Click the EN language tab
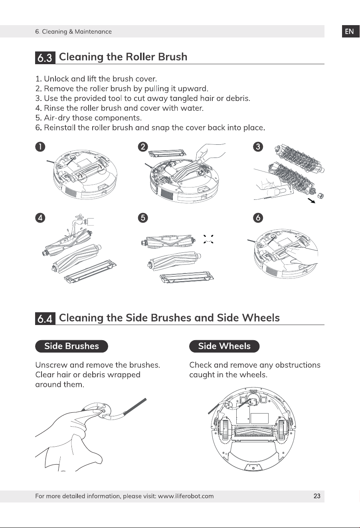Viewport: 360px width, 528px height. [x=350, y=32]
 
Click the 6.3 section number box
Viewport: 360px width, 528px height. [x=45, y=57]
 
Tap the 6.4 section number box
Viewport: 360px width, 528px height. [x=45, y=319]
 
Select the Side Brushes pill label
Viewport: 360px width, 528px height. [x=71, y=346]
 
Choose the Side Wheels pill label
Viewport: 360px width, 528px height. [x=224, y=346]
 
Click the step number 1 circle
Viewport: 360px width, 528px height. [x=40, y=147]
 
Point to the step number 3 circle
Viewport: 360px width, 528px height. [x=258, y=147]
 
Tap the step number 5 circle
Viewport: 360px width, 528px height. [x=143, y=218]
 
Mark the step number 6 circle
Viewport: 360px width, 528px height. [x=258, y=218]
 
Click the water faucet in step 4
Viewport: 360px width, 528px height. [x=83, y=221]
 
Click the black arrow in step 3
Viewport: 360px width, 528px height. [x=311, y=201]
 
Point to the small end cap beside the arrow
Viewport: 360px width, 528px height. [x=320, y=195]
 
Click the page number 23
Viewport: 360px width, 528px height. [x=317, y=496]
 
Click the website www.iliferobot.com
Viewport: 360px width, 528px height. [x=186, y=496]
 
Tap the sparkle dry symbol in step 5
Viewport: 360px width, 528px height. [x=208, y=239]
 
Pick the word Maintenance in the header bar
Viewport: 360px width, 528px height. [x=93, y=32]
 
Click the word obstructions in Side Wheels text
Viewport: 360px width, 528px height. [x=298, y=365]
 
